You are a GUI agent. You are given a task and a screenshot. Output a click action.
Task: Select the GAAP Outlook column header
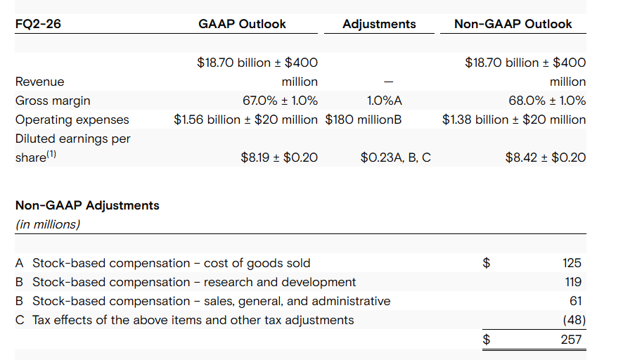tap(242, 24)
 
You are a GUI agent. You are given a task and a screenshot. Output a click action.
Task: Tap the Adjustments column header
tap(379, 24)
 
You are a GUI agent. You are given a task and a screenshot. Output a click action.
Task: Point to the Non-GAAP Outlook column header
tap(513, 24)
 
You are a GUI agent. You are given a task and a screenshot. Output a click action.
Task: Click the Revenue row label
tap(39, 82)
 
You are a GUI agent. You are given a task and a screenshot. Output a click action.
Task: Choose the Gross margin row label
tap(53, 101)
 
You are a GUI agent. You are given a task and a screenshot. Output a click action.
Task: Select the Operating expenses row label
tap(72, 120)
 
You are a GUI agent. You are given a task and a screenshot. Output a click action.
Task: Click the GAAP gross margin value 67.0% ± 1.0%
tap(280, 101)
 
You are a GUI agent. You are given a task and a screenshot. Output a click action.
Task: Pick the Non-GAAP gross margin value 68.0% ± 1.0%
tap(546, 101)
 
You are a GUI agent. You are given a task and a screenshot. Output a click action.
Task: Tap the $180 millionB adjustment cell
tap(364, 120)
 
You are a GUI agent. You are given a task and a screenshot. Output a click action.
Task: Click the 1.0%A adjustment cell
tap(384, 101)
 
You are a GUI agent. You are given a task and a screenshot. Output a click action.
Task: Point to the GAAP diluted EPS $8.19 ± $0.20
tap(278, 157)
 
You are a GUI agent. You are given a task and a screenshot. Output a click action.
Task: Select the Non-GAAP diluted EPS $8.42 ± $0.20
tap(545, 157)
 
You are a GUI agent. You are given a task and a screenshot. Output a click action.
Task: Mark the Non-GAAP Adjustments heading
tap(87, 206)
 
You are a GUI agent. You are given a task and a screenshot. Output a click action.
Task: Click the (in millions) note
tap(48, 224)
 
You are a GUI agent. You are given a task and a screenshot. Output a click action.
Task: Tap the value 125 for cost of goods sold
tap(572, 263)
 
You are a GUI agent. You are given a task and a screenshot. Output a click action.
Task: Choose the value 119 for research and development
tap(572, 282)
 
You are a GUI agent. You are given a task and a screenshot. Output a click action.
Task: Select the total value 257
tap(572, 340)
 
